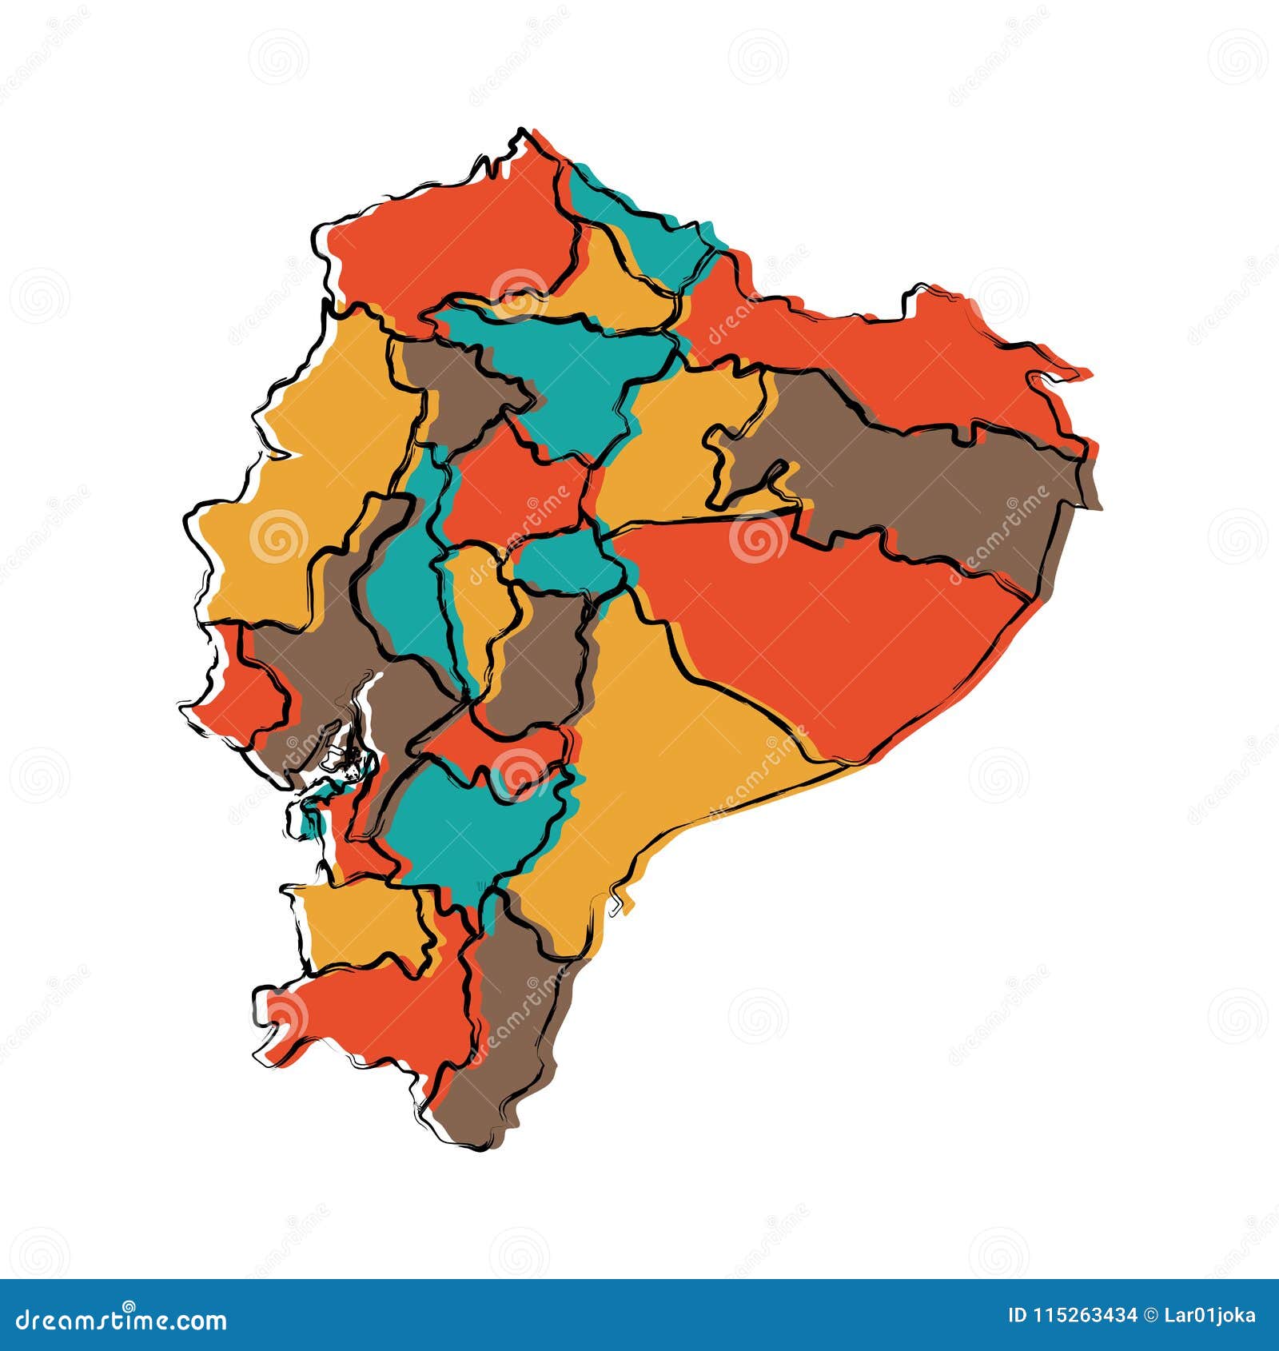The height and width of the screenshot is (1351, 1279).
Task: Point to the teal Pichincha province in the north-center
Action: pyautogui.click(x=568, y=368)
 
